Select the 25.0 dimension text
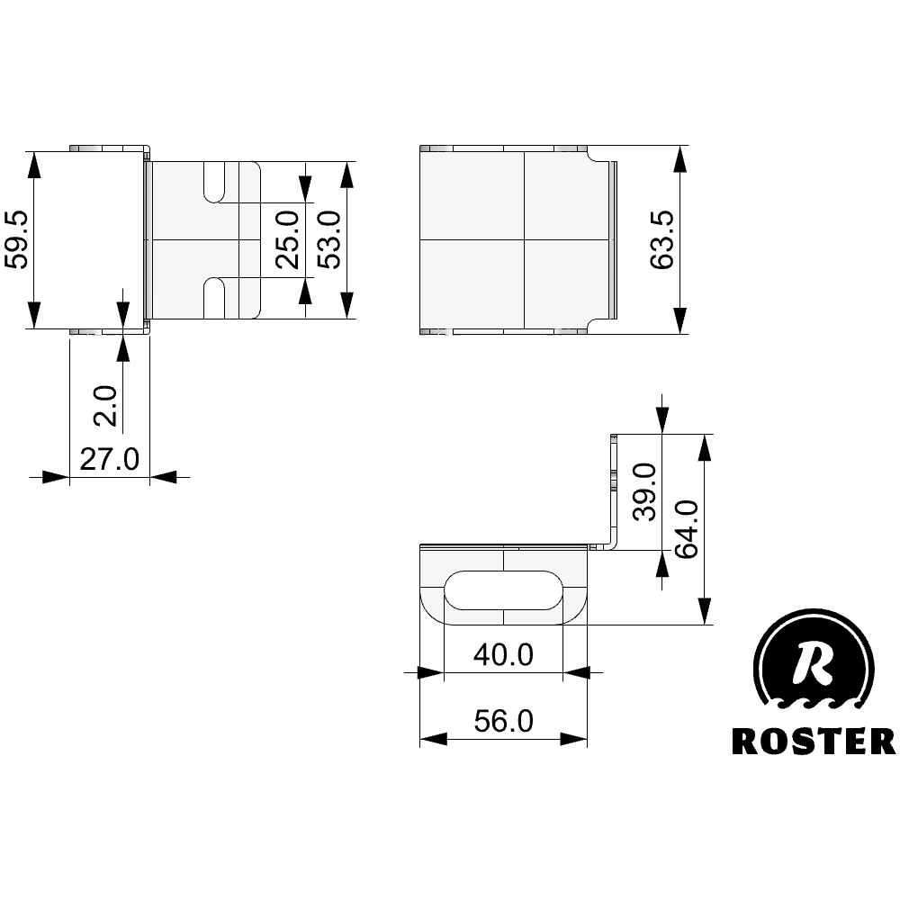pos(287,240)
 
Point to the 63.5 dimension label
pos(662,240)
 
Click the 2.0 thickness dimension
pos(106,405)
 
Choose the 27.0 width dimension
pos(109,459)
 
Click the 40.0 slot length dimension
pos(504,654)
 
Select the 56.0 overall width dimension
pos(504,721)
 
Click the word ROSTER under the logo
pos(813,741)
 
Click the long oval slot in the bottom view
pos(504,589)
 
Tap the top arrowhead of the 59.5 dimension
pos(33,163)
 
